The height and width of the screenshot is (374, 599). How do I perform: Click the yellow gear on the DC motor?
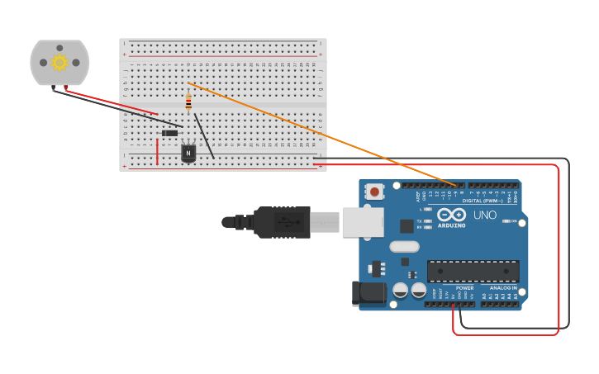59,63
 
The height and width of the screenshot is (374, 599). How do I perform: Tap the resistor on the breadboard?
188,102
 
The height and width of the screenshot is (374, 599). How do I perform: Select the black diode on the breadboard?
169,133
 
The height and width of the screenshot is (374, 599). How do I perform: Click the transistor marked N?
188,153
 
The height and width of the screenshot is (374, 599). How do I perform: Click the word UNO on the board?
485,215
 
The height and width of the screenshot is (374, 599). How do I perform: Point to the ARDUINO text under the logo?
451,225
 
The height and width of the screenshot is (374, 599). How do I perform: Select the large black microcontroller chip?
473,271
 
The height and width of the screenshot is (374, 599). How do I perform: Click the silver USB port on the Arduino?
363,222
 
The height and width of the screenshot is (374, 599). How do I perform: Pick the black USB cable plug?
281,222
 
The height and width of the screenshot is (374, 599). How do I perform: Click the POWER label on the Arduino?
464,288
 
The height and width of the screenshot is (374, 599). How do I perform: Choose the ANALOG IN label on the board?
502,288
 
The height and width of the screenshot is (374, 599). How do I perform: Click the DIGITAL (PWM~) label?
483,201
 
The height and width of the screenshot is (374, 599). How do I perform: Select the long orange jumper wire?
322,133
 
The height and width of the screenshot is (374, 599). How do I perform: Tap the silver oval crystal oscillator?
404,246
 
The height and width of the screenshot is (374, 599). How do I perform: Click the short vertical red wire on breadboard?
157,151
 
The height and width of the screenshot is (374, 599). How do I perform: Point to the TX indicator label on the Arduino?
420,221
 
